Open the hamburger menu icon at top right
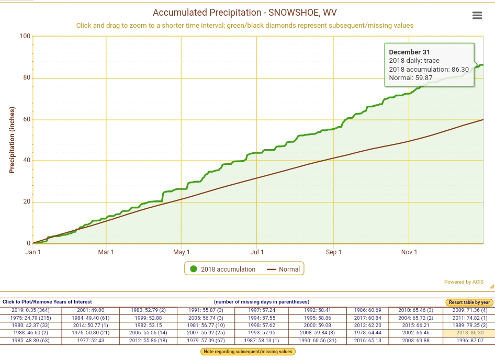coord(477,15)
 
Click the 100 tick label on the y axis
coord(25,36)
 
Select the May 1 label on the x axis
coord(182,252)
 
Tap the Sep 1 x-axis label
coord(333,252)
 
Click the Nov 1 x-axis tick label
coord(409,252)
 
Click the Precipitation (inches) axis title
coord(12,140)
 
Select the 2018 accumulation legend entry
coord(222,269)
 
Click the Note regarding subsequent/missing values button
coord(248,352)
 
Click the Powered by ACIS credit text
coord(464,282)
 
